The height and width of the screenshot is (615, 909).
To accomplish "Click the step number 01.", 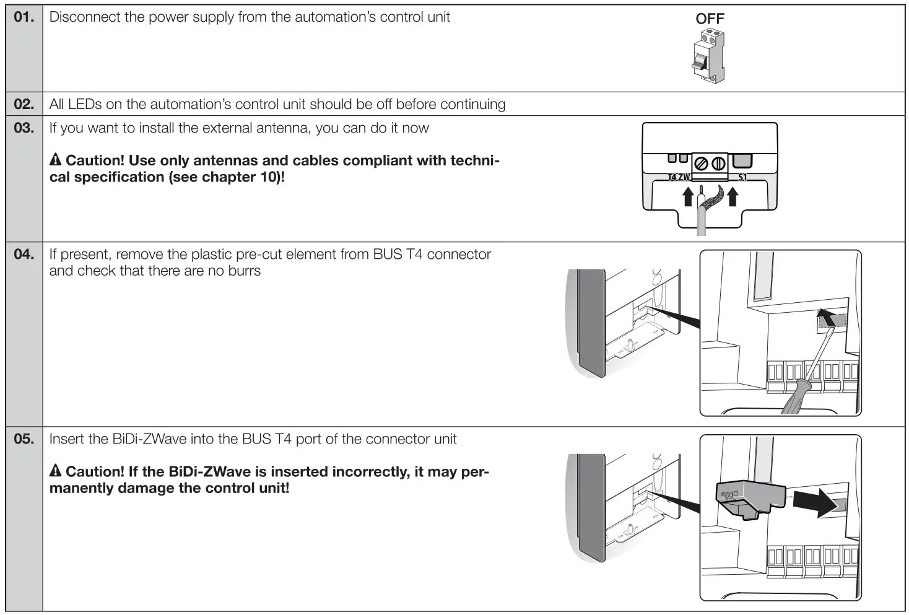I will (x=24, y=17).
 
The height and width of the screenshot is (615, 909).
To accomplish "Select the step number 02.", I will (x=24, y=104).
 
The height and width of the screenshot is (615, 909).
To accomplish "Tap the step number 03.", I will (x=24, y=128).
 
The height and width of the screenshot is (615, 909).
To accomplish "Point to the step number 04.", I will (x=24, y=255).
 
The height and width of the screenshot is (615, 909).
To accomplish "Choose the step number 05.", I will (x=24, y=439).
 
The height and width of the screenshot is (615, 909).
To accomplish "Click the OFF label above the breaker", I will (x=710, y=19).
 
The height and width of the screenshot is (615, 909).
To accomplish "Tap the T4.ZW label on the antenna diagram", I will (x=679, y=177).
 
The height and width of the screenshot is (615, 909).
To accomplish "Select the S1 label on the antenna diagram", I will (x=742, y=177).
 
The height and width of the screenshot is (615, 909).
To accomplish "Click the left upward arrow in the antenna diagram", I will (x=687, y=197).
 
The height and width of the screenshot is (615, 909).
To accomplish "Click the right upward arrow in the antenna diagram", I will (x=733, y=197).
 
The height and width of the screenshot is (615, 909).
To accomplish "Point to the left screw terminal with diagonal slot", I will (x=702, y=164).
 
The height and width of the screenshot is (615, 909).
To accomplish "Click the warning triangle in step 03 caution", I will (x=55, y=160).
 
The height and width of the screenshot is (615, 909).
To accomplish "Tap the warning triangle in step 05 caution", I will (x=55, y=471).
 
